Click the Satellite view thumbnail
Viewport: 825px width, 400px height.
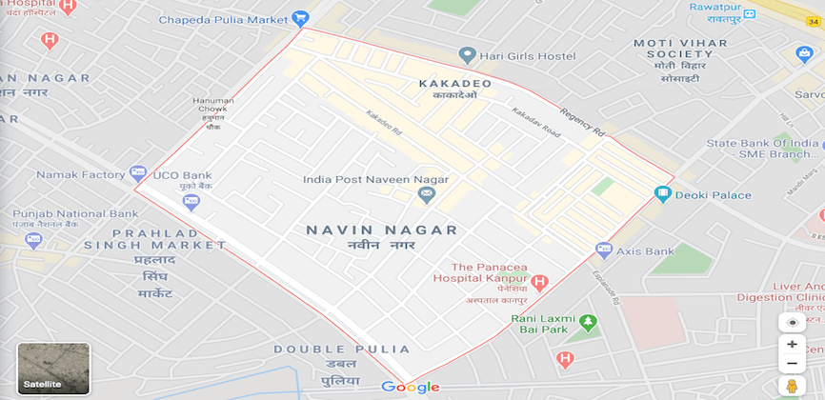(53, 370)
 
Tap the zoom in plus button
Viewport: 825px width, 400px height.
(792, 344)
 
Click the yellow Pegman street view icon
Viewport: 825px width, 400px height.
(792, 386)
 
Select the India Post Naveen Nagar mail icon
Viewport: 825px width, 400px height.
(426, 195)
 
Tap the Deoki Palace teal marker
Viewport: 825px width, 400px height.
(663, 195)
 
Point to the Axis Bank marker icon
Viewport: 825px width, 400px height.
(603, 250)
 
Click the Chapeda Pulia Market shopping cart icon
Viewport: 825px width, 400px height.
(301, 18)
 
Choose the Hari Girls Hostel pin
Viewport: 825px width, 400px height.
(467, 55)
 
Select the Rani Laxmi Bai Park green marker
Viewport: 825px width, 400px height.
(590, 324)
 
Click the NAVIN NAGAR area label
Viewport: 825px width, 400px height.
(381, 230)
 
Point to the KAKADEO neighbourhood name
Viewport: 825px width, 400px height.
(455, 84)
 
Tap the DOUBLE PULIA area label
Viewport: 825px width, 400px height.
(342, 350)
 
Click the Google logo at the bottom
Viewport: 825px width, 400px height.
(411, 387)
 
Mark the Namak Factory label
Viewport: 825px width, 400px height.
(81, 175)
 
